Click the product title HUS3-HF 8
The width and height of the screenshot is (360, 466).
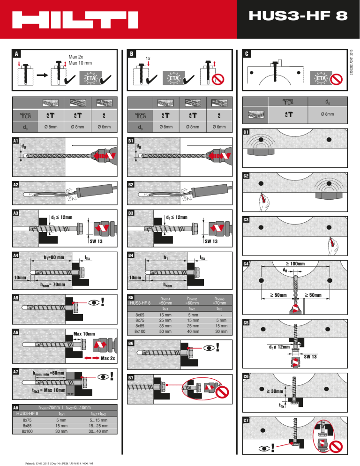298,17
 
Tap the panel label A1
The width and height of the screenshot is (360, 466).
16,141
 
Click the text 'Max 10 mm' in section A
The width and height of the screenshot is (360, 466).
80,63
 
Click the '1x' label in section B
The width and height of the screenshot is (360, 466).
147,58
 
